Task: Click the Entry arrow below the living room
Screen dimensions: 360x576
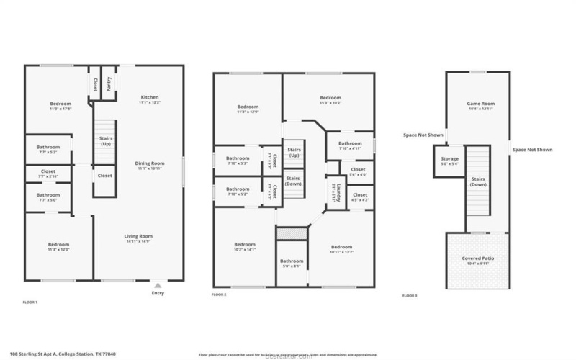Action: coord(158,287)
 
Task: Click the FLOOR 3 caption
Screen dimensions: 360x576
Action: coord(410,296)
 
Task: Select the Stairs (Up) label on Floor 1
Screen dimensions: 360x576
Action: coord(105,141)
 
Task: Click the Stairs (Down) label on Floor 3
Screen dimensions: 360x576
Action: coord(478,181)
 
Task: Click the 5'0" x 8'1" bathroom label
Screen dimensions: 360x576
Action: coord(292,263)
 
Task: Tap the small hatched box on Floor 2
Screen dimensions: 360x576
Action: coord(292,234)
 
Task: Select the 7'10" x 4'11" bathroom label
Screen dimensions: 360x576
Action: coord(350,145)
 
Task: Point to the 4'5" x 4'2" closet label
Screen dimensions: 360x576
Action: coord(360,197)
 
